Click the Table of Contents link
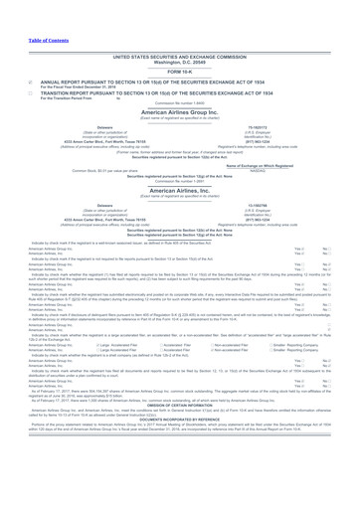tap(25, 11)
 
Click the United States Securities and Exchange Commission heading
tap(179, 29)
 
